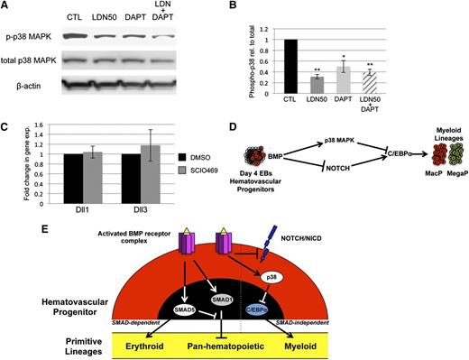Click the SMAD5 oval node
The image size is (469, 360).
point(187,309)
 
